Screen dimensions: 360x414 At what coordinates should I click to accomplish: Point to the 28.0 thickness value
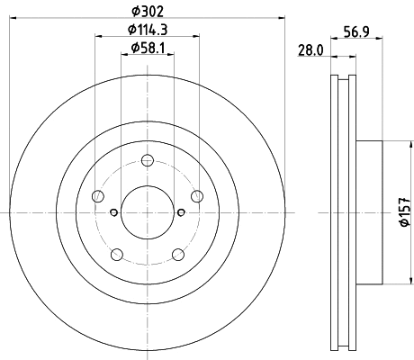click(310, 52)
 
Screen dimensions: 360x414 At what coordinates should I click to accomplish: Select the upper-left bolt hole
click(99, 196)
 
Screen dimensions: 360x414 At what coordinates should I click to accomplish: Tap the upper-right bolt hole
click(197, 196)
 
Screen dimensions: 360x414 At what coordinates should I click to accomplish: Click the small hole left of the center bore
click(114, 212)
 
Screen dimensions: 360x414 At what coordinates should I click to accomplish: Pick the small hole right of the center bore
click(182, 212)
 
